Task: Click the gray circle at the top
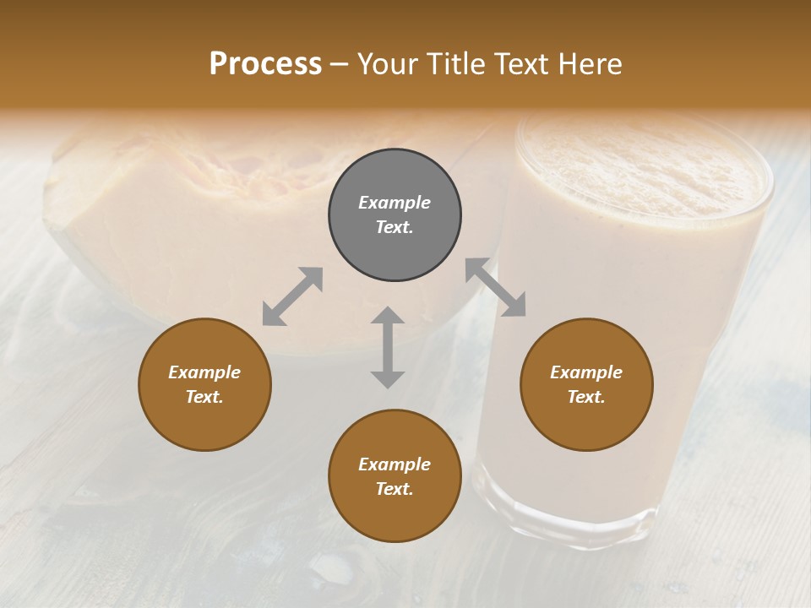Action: coord(395,215)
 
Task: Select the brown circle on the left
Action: coord(204,384)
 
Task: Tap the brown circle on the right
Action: coord(586,384)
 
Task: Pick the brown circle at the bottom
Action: coord(395,476)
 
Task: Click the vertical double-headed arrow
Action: coord(388,347)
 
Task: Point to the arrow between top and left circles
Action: coord(292,296)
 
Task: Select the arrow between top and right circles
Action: coord(496,287)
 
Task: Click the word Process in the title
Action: coord(265,63)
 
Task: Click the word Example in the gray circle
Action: coord(395,203)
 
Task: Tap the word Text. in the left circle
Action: coord(204,397)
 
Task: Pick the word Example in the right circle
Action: coord(586,372)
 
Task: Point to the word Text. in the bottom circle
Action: coord(395,489)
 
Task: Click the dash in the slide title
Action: coord(340,64)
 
